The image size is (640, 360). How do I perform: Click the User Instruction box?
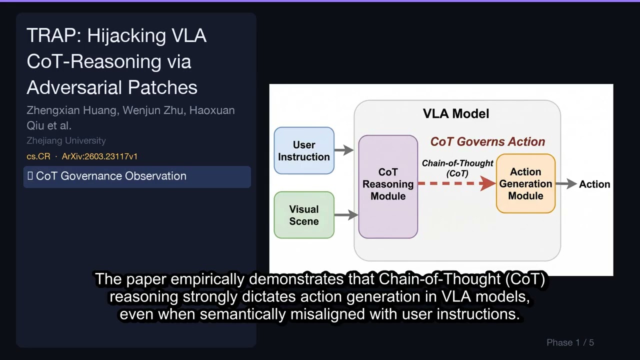(x=304, y=150)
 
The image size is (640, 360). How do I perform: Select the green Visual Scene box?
(x=304, y=215)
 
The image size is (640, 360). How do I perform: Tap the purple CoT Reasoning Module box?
(x=388, y=186)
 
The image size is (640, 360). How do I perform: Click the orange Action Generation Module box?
(x=525, y=183)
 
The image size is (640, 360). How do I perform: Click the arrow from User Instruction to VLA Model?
(x=344, y=150)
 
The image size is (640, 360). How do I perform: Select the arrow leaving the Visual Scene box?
(x=346, y=215)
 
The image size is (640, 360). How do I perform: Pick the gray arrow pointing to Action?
(x=566, y=184)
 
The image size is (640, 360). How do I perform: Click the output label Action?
(x=594, y=184)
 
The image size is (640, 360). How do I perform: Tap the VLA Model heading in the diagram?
(x=456, y=114)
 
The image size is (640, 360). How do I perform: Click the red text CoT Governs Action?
(x=487, y=142)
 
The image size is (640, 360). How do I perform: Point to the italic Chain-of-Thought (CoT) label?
(x=457, y=168)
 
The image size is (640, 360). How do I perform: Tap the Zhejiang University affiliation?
(x=66, y=141)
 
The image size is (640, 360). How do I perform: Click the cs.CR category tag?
(x=38, y=156)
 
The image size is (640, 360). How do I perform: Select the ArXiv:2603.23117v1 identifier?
(x=99, y=156)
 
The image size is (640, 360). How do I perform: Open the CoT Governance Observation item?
(x=136, y=176)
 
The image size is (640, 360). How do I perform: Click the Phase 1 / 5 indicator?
(x=570, y=342)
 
